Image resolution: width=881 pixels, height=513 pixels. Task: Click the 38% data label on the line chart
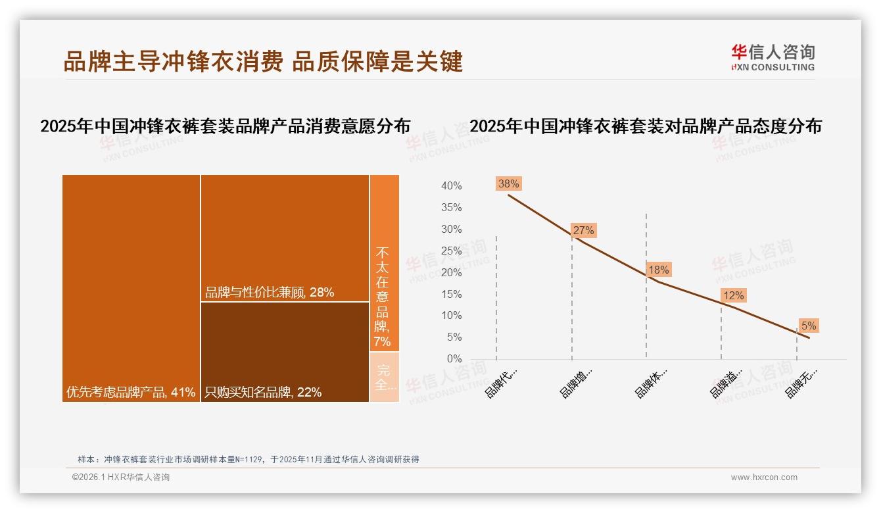coord(508,184)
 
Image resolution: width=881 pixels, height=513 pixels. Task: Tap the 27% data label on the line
coord(583,230)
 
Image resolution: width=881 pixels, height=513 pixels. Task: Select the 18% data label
coord(658,270)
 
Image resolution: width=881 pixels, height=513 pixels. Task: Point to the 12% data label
coord(733,296)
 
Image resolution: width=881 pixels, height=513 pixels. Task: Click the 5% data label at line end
coord(808,326)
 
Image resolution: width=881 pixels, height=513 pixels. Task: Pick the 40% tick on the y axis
coord(451,186)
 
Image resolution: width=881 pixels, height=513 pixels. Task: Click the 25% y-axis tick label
coord(451,251)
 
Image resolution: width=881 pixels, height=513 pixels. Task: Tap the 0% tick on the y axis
coord(454,359)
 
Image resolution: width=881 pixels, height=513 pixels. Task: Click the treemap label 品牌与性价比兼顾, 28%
coord(270,293)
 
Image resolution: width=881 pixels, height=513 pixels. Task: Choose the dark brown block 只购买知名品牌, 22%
coord(285,352)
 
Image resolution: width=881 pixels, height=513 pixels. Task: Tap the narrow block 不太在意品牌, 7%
coord(383,263)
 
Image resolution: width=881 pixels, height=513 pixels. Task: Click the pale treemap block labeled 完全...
coord(384,377)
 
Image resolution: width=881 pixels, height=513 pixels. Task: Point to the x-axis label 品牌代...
coord(501,383)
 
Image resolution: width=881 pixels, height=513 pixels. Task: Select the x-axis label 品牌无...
coord(802,383)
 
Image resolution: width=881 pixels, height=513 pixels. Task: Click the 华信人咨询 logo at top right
coord(773,57)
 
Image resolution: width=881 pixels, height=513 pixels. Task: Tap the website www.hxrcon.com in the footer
coord(764,477)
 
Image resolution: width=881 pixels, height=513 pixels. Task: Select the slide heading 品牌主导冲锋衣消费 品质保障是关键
coord(263,61)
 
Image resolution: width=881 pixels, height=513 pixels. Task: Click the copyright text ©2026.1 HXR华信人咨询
coord(121,477)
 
